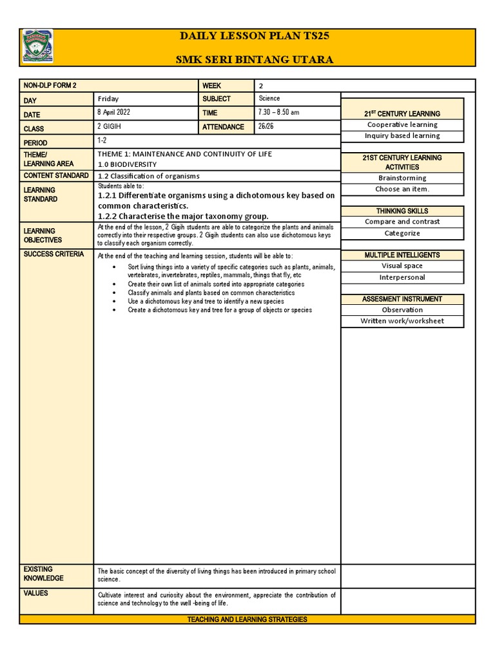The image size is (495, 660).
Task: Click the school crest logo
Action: click(x=38, y=47)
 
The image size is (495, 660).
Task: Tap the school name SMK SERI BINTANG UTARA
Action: click(x=255, y=59)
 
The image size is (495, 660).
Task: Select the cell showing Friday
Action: click(x=108, y=99)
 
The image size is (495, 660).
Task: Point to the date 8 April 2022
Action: click(x=114, y=113)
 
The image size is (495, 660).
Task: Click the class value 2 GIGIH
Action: click(x=109, y=127)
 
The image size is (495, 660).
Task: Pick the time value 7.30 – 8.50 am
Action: click(x=278, y=113)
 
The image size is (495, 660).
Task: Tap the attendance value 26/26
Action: click(x=266, y=127)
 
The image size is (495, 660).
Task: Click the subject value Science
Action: click(x=269, y=99)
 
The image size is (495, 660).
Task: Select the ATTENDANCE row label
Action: click(x=223, y=127)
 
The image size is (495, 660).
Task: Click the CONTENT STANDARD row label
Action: click(x=56, y=176)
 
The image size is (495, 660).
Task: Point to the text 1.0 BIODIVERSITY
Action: click(x=127, y=164)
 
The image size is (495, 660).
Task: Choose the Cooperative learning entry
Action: click(x=402, y=125)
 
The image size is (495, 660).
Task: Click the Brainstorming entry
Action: click(x=402, y=178)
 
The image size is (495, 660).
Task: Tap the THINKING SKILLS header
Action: click(x=402, y=211)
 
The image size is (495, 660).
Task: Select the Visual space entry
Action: click(x=402, y=266)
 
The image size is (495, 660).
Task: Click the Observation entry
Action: click(x=402, y=310)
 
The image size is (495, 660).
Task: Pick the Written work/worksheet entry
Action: click(x=402, y=321)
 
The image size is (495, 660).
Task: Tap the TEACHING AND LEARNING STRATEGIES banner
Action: click(x=247, y=619)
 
